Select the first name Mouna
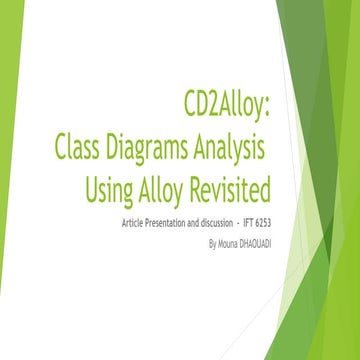pos(230,241)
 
